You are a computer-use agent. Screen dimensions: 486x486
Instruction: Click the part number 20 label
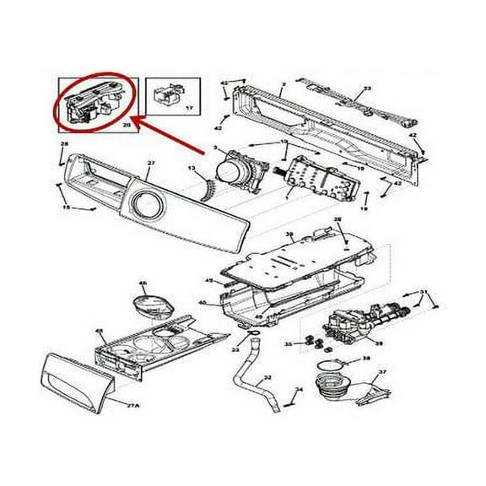pyautogui.click(x=127, y=125)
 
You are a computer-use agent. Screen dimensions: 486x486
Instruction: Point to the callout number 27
pyautogui.click(x=151, y=164)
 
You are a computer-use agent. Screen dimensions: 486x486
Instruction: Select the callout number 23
pyautogui.click(x=367, y=89)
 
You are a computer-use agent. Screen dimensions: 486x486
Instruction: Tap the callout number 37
pyautogui.click(x=381, y=370)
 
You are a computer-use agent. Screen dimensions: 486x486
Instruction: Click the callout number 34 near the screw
pyautogui.click(x=298, y=389)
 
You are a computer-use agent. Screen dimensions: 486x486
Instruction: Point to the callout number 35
pyautogui.click(x=288, y=345)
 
